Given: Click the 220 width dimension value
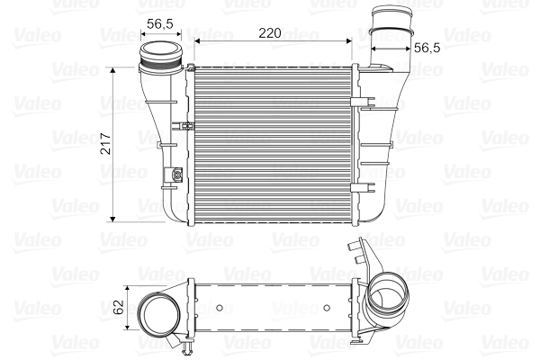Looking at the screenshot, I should point(268,32).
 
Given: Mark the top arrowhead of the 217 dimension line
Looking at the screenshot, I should point(112,68).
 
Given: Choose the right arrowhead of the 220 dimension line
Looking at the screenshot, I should point(355,41).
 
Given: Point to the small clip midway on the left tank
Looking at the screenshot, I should point(184,125).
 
